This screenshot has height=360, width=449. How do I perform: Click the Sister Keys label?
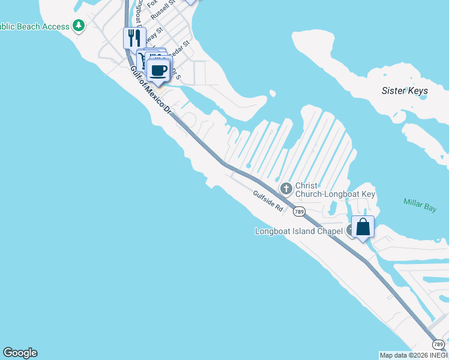click(405, 91)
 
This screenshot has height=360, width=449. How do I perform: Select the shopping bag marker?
click(363, 227)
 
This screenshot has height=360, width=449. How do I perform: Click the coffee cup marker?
click(158, 71)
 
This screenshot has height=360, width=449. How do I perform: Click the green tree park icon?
click(78, 26)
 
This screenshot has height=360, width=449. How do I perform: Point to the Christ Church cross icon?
click(286, 189)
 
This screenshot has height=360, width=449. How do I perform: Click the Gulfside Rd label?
click(268, 201)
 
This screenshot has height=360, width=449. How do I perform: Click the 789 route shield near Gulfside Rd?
click(299, 211)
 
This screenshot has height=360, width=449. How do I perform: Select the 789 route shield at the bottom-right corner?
click(439, 344)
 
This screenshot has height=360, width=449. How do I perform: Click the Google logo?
click(20, 353)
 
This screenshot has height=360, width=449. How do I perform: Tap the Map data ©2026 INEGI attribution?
click(414, 355)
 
